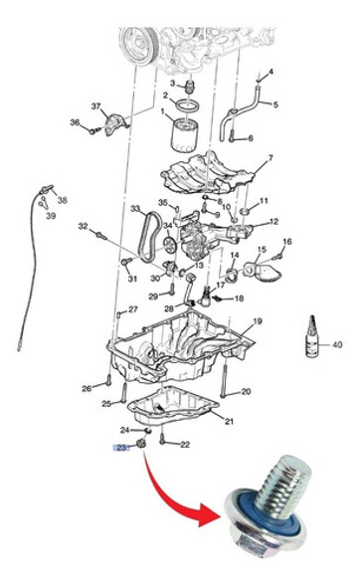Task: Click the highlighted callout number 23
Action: (121, 448)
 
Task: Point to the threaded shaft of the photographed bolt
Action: (281, 483)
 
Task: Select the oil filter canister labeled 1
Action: (184, 134)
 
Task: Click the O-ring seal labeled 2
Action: (188, 105)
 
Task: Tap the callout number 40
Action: (337, 344)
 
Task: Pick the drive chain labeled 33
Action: (150, 237)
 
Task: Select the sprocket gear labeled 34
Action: (169, 246)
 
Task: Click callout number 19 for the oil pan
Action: (258, 321)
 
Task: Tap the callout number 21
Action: (229, 421)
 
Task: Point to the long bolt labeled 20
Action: (224, 380)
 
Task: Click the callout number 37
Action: (96, 106)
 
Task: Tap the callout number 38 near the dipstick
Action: (62, 200)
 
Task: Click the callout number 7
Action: (270, 158)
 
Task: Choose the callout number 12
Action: (273, 222)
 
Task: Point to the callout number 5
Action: (275, 104)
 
